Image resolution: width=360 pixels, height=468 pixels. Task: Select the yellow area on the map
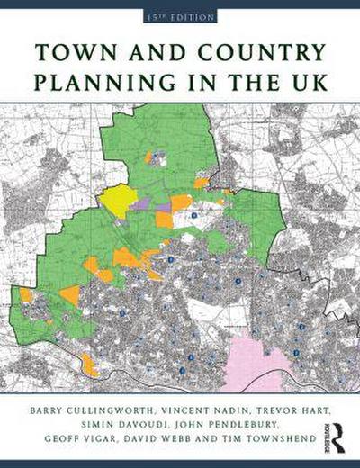pos(117,200)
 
